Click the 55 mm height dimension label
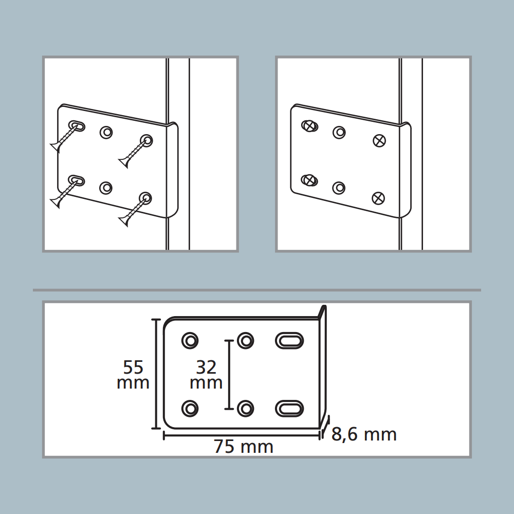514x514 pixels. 133,375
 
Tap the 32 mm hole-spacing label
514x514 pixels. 206,375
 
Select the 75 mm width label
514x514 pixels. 244,447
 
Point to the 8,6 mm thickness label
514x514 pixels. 364,434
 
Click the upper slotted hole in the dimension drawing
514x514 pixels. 289,341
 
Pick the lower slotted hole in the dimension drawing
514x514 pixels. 289,409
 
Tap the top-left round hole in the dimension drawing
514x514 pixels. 190,341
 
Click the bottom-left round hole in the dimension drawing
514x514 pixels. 190,409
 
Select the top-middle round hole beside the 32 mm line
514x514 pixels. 245,341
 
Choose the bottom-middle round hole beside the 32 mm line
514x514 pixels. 245,409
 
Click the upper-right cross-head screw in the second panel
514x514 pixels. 379,141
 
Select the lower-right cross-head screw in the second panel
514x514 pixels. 378,198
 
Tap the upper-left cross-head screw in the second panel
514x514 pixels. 309,125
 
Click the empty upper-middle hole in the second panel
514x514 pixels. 339,133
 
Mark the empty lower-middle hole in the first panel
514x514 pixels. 105,188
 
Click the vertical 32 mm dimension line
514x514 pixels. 229,375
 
